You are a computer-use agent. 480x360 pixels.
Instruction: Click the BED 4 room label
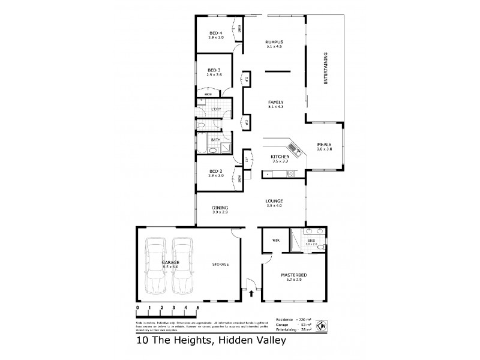(216, 32)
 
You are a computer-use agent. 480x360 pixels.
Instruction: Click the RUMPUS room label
(274, 41)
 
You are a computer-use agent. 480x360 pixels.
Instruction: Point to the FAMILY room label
(275, 101)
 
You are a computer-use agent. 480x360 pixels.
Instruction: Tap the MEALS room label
(324, 145)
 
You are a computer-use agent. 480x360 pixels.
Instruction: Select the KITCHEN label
(281, 156)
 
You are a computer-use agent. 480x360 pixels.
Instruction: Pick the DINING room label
(220, 208)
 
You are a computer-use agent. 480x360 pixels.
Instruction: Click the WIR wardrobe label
(276, 240)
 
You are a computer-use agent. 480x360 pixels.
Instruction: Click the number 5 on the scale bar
(197, 307)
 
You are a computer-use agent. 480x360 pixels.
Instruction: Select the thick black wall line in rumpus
(277, 72)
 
